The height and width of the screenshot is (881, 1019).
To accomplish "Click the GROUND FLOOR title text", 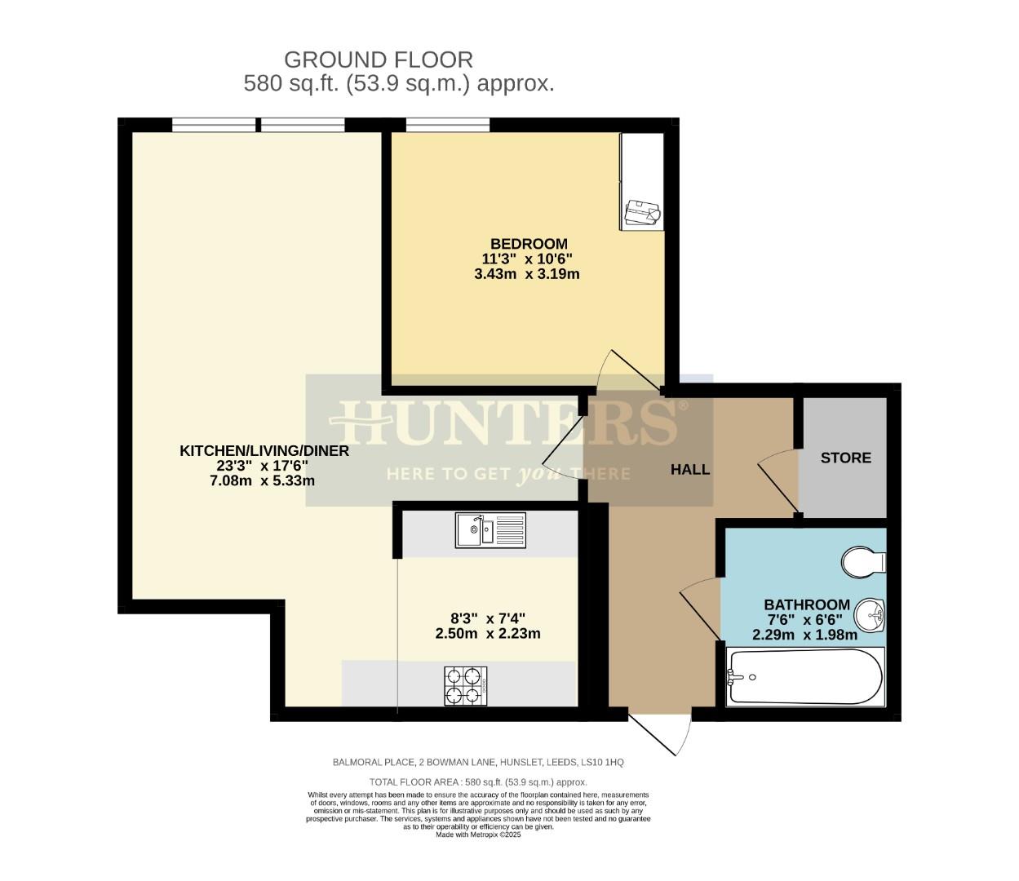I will [378, 60].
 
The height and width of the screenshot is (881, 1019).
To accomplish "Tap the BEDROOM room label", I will [528, 243].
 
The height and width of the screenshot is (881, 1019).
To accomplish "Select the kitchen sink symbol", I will [491, 530].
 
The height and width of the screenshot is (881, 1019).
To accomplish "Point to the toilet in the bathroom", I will [864, 562].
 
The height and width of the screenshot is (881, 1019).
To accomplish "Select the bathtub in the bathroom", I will [804, 677].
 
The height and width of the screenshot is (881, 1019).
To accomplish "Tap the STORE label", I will [845, 458].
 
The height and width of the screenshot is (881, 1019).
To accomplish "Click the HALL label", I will [689, 469].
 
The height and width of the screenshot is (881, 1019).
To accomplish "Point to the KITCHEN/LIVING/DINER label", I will [264, 450].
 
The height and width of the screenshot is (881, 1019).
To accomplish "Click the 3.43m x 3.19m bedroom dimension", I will [526, 274].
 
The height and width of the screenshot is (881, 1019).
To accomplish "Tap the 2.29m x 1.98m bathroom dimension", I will [804, 635].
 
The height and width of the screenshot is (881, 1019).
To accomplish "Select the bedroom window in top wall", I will [447, 124].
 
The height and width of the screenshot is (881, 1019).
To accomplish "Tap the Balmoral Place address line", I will [477, 762].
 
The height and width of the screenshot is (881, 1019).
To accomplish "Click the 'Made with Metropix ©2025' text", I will [478, 835].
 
